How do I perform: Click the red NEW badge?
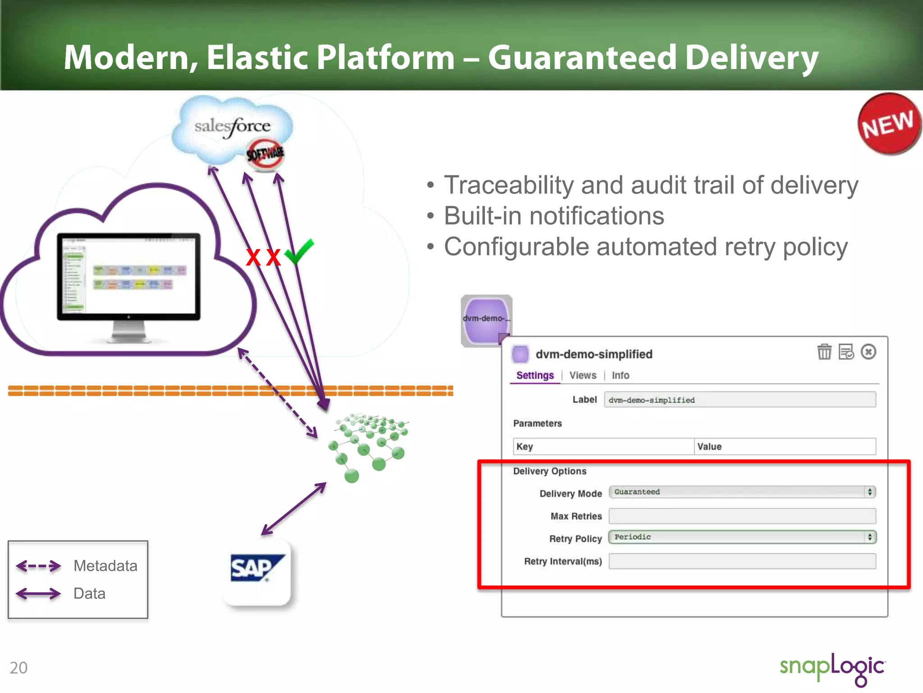[888, 124]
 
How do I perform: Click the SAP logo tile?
[257, 571]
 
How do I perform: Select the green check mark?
[299, 252]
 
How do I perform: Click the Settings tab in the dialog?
[535, 375]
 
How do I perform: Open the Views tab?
[582, 375]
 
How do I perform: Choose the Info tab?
[620, 375]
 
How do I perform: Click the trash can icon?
[824, 351]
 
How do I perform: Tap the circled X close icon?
[868, 351]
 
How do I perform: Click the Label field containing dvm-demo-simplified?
[739, 400]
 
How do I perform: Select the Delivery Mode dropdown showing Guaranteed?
[741, 492]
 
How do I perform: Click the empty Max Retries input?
[741, 516]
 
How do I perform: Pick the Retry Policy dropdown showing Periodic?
[741, 537]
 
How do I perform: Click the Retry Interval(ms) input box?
[741, 561]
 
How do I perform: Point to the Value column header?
[709, 447]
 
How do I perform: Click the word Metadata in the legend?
[105, 566]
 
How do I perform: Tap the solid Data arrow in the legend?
[38, 593]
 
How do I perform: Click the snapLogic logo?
[832, 668]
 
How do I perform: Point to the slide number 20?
[18, 668]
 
